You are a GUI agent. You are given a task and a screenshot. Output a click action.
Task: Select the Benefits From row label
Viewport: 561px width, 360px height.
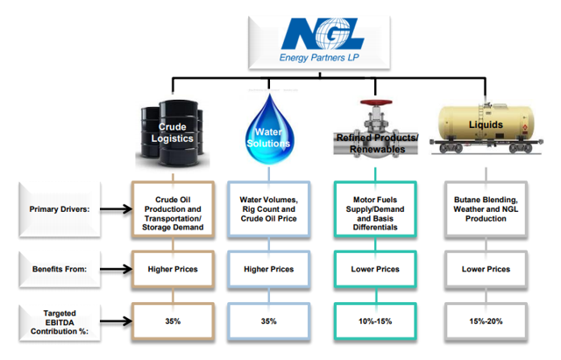tap(56, 269)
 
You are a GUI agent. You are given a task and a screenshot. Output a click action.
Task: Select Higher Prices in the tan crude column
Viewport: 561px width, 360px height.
tap(173, 269)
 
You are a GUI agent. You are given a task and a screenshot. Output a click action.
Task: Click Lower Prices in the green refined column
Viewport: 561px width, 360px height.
tap(373, 269)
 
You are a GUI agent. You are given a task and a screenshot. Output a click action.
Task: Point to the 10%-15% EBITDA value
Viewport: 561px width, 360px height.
tap(373, 321)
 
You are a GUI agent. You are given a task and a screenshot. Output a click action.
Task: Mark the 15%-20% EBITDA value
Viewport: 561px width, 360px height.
tap(485, 321)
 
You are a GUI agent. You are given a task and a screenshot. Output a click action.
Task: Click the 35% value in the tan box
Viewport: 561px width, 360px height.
tap(173, 321)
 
